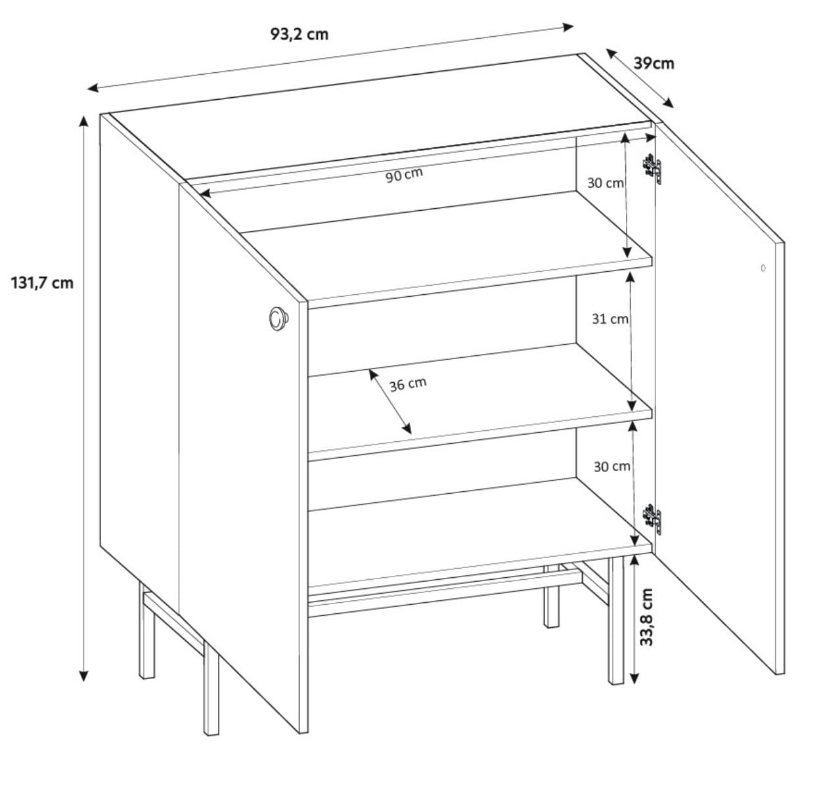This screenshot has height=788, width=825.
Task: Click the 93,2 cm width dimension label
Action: [300, 34]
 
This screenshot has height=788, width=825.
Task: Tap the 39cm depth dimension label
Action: [654, 63]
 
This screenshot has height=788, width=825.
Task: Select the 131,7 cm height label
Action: [42, 283]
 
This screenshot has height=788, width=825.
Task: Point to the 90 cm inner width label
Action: [404, 175]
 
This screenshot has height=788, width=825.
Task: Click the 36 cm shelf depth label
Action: [408, 384]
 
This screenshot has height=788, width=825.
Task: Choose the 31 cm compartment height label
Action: [610, 318]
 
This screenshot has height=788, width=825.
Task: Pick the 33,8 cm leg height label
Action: [646, 617]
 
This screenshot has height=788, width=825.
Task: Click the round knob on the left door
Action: [279, 318]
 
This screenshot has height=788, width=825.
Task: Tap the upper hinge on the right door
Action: [652, 169]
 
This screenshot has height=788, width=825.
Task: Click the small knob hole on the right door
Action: [763, 268]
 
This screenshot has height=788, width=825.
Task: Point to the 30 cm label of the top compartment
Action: [606, 183]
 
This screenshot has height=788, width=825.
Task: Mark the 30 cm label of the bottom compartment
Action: [612, 467]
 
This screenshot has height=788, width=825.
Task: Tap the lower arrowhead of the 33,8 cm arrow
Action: [634, 678]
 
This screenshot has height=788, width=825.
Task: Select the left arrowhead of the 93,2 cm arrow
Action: [93, 88]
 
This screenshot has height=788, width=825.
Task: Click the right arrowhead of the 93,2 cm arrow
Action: [568, 28]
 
